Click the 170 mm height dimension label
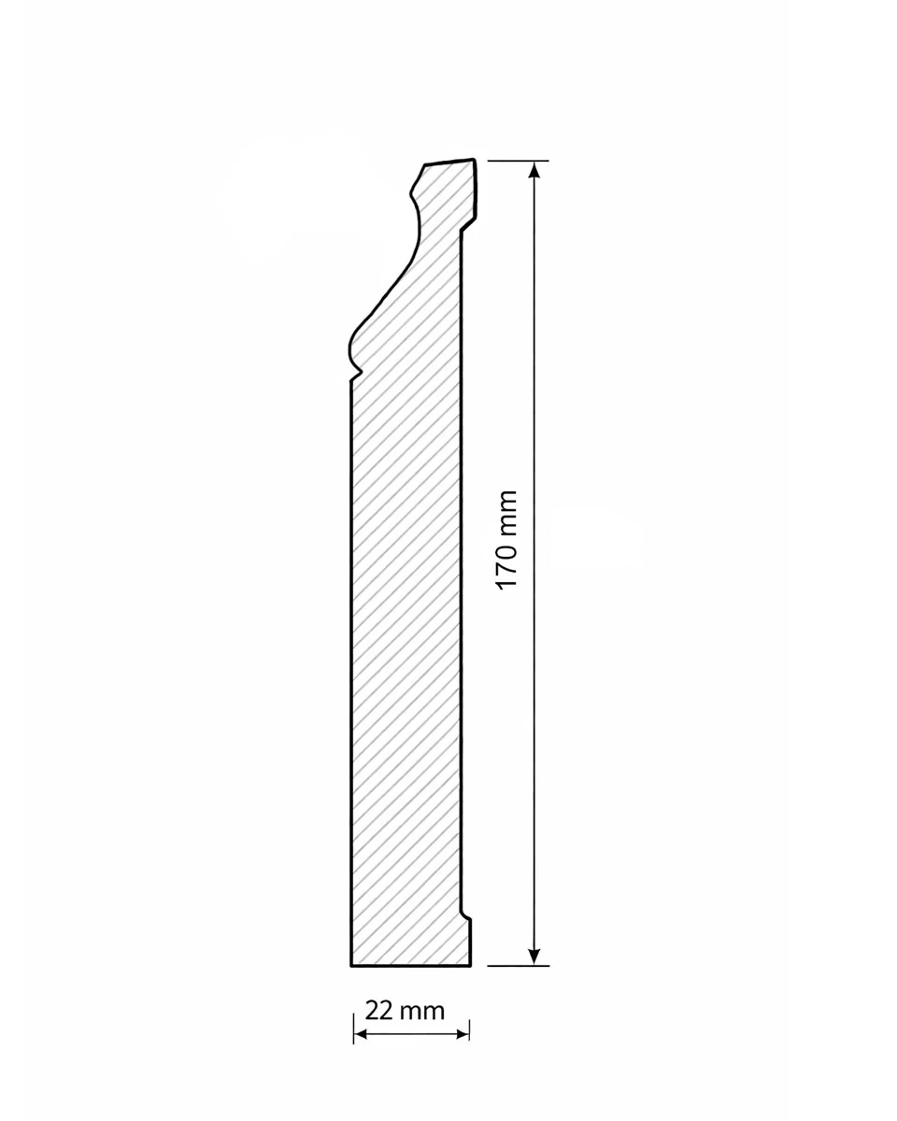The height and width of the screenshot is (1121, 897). [507, 540]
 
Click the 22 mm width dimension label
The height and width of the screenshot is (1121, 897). [405, 1009]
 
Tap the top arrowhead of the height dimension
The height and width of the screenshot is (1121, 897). [534, 170]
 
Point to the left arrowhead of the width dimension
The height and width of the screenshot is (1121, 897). [360, 1034]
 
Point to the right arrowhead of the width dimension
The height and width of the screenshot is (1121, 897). [463, 1034]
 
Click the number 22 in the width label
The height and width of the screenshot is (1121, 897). [379, 1009]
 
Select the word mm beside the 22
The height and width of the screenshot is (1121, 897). [422, 1012]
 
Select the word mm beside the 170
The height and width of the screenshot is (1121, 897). [507, 513]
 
